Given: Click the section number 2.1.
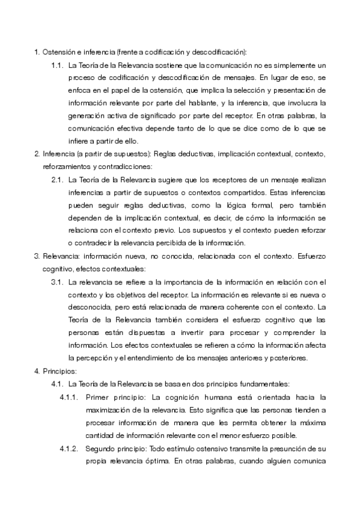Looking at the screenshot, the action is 58,179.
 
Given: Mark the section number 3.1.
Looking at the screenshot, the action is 58,281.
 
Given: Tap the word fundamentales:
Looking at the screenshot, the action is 263,384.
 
